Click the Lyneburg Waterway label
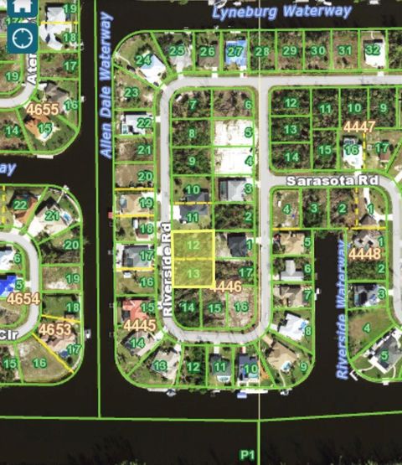[x=281, y=11]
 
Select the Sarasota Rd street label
[x=332, y=180]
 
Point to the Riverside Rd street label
[x=167, y=268]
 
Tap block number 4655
[x=42, y=109]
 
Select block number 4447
[x=358, y=126]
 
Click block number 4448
[x=364, y=252]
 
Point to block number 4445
[x=139, y=323]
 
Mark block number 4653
[x=54, y=330]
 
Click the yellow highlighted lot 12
[x=193, y=245]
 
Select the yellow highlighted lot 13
[x=193, y=274]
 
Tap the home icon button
[x=23, y=6]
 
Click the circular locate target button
[x=23, y=37]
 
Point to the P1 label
[x=246, y=454]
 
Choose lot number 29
[x=290, y=50]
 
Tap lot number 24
[x=144, y=60]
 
